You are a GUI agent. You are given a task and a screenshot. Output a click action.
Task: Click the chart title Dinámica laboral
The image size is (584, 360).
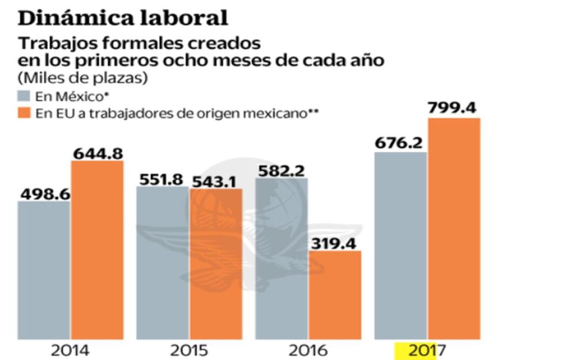123,17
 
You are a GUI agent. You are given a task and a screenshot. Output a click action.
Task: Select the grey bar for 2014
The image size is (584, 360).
44,270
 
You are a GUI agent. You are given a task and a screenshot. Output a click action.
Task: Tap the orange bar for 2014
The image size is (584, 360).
97,249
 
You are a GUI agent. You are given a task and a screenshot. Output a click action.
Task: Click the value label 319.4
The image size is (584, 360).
335,244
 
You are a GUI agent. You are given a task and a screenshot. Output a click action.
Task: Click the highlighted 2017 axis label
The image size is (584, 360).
427,351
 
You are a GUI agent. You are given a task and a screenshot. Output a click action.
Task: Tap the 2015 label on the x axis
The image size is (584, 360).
189,351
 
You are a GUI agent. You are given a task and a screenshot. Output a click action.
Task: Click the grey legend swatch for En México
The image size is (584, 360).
25,97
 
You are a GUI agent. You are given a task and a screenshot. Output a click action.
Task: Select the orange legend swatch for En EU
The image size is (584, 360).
25,114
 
